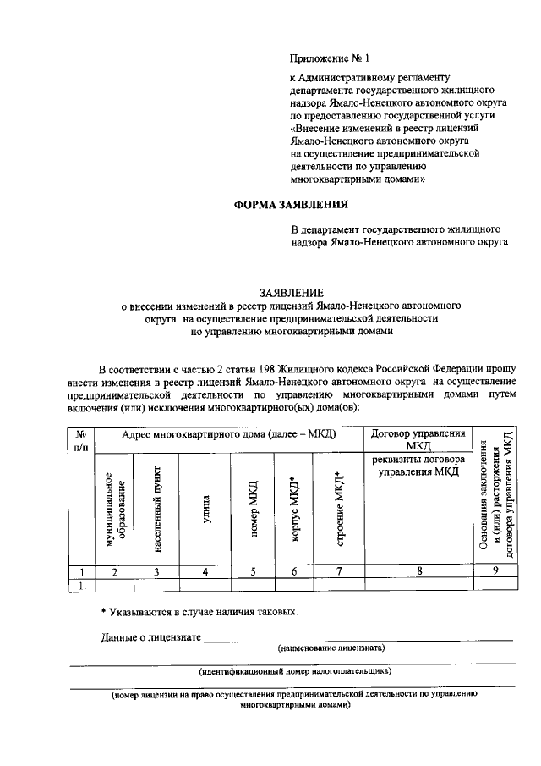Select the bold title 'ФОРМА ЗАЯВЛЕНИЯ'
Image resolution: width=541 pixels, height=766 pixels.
pos(290,205)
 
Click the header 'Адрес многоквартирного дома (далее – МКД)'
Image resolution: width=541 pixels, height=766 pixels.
pos(229,433)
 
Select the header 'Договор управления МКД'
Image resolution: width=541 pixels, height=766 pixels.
pos(418,439)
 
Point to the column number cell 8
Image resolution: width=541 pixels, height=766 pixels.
pos(418,571)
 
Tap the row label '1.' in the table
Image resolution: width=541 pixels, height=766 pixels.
pos(82,584)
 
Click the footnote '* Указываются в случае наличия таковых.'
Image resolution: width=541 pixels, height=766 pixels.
pos(199,611)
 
